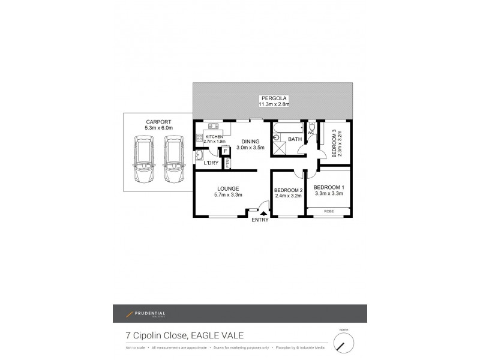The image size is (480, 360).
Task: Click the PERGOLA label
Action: coord(274,98)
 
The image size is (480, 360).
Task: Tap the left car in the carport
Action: coord(145,160)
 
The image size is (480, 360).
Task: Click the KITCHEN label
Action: coord(214,137)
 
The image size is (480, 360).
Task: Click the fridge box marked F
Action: coord(226,151)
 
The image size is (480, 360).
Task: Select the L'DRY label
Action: coord(211,163)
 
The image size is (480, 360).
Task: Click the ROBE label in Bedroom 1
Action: coord(328,211)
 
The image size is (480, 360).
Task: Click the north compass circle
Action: coord(343,343)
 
